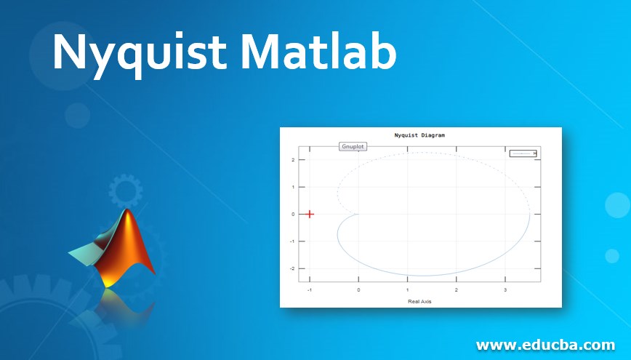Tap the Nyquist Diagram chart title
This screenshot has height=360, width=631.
[x=419, y=135]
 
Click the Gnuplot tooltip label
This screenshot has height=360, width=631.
[x=353, y=146]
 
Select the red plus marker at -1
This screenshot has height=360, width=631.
[x=310, y=214]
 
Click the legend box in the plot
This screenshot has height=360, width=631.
[x=523, y=153]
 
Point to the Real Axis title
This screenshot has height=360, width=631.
[x=419, y=301]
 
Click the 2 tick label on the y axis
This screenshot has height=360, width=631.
[x=292, y=160]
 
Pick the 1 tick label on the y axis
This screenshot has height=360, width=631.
[x=292, y=187]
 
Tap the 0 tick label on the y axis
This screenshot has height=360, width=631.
[x=292, y=214]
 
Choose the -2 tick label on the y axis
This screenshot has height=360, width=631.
[x=291, y=268]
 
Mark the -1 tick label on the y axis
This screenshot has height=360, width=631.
[x=291, y=241]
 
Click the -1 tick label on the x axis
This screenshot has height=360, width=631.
[x=309, y=289]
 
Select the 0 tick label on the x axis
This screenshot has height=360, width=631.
[x=358, y=289]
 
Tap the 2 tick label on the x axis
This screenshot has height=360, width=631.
[x=457, y=289]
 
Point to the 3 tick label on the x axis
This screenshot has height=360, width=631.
[x=505, y=289]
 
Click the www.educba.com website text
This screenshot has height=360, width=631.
[x=545, y=344]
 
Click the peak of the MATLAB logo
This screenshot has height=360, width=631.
[x=129, y=211]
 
